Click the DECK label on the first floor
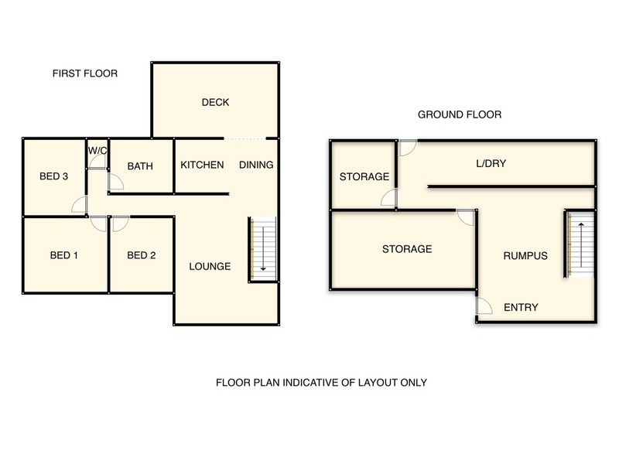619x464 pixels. click(215, 102)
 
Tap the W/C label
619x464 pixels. click(97, 151)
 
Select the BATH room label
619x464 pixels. click(140, 165)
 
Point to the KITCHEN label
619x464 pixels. click(202, 165)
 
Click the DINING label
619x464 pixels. click(255, 165)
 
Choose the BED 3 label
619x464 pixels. click(54, 176)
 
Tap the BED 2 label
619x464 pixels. click(142, 255)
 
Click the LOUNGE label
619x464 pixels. click(210, 266)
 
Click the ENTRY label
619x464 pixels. click(521, 308)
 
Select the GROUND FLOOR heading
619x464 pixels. click(460, 114)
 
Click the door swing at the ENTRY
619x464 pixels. click(483, 307)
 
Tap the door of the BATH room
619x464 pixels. click(115, 182)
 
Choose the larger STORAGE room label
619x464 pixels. click(406, 249)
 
